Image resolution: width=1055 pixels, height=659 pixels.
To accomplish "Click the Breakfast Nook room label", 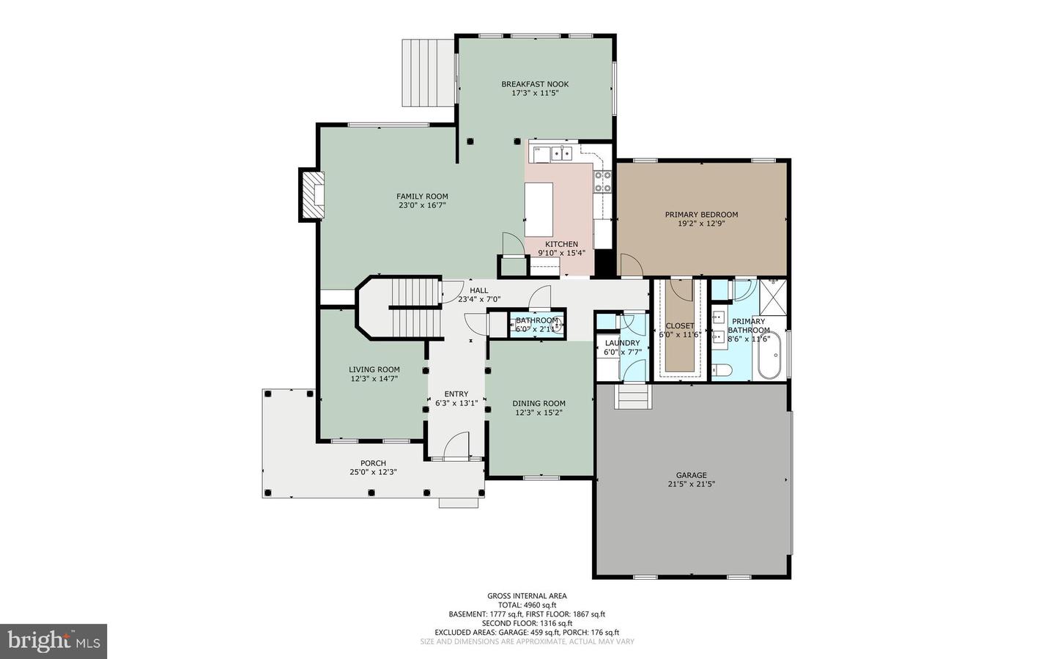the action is (535, 84).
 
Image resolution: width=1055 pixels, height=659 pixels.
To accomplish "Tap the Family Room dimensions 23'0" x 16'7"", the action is (422, 205).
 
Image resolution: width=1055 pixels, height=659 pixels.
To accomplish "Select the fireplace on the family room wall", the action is (312, 195).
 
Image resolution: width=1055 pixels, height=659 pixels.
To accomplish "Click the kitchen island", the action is (538, 210).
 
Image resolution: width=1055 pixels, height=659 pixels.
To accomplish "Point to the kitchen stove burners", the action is (603, 182).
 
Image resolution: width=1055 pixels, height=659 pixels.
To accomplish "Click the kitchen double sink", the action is (562, 153).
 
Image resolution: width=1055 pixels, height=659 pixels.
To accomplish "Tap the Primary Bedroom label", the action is (701, 215).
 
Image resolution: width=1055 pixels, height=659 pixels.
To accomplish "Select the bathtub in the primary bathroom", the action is (769, 355).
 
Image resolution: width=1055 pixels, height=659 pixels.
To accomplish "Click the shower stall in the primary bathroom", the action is (772, 295).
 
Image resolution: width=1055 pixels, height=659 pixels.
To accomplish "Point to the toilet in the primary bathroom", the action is (722, 370).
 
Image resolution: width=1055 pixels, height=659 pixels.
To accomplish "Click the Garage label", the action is (692, 475).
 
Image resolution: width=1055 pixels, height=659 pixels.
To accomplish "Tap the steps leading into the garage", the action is (633, 397).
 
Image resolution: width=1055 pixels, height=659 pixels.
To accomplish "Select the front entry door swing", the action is (456, 445).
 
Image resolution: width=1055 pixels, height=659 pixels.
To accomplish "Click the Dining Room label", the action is (538, 403).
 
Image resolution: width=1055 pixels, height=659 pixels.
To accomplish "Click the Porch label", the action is (373, 463).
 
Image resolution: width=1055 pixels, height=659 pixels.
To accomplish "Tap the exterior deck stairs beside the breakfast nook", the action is (428, 73).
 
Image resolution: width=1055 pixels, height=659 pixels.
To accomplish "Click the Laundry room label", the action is (622, 343).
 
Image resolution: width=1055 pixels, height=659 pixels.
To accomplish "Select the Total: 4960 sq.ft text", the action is (527, 605).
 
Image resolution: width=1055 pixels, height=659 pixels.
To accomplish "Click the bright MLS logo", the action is (53, 641).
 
